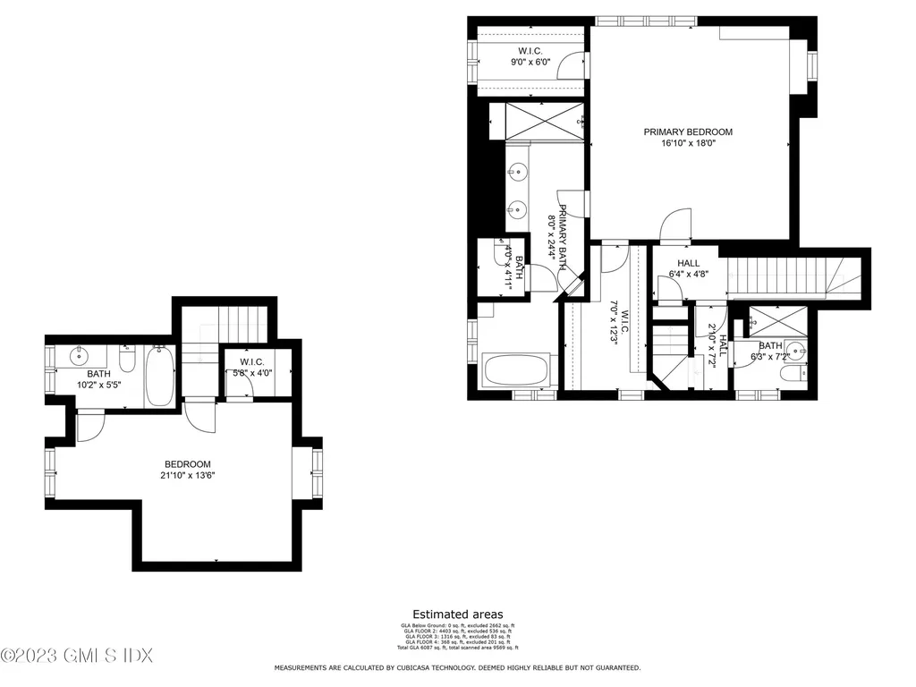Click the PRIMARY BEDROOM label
point(688,132)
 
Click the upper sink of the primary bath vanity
point(516,169)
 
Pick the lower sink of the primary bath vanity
point(516,211)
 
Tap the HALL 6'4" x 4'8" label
point(688,269)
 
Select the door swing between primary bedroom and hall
point(678,224)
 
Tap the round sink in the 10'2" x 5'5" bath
point(77,357)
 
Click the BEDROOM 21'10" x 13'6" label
point(188,470)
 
